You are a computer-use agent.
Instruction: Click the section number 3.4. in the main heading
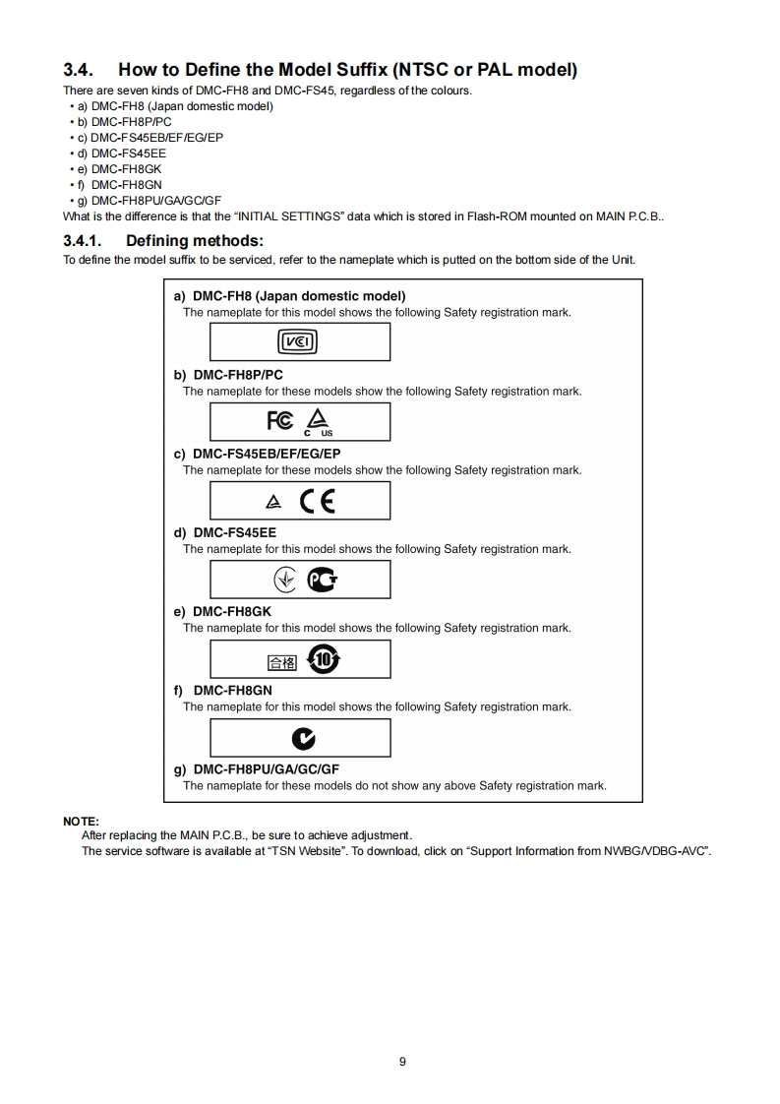pos(79,70)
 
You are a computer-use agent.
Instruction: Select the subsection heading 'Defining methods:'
pos(195,240)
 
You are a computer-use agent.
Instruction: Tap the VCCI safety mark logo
pos(299,342)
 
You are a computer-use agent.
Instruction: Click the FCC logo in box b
pos(280,421)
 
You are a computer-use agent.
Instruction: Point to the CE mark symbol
pos(318,501)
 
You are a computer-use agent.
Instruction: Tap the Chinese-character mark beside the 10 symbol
pos(281,661)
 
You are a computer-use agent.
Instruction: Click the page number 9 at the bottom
pos(402,1061)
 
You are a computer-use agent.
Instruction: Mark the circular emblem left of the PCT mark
pos(285,580)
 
